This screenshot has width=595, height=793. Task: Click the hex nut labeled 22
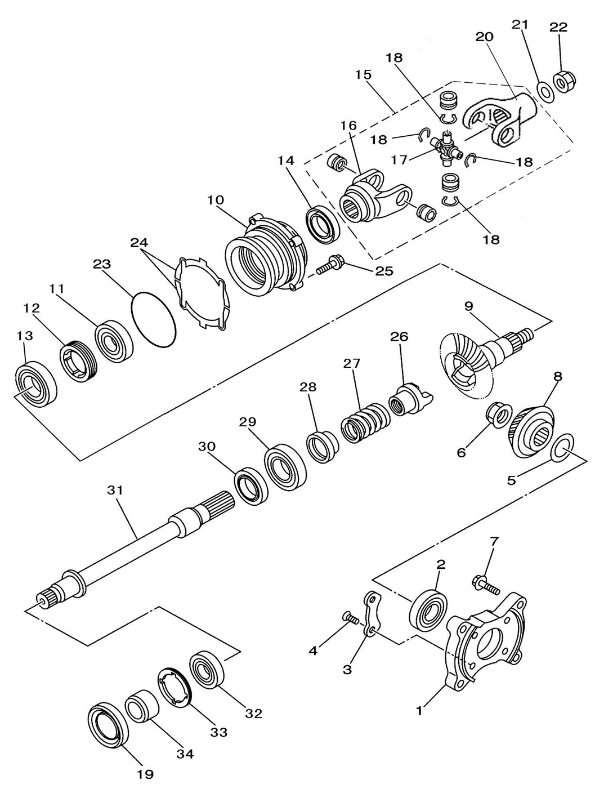(x=564, y=83)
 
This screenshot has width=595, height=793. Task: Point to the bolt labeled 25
(x=330, y=266)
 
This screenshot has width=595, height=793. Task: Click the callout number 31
(x=115, y=490)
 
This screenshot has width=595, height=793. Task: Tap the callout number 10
(x=216, y=200)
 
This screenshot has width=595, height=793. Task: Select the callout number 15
(x=363, y=74)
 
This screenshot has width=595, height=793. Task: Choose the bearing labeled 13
(x=35, y=384)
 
